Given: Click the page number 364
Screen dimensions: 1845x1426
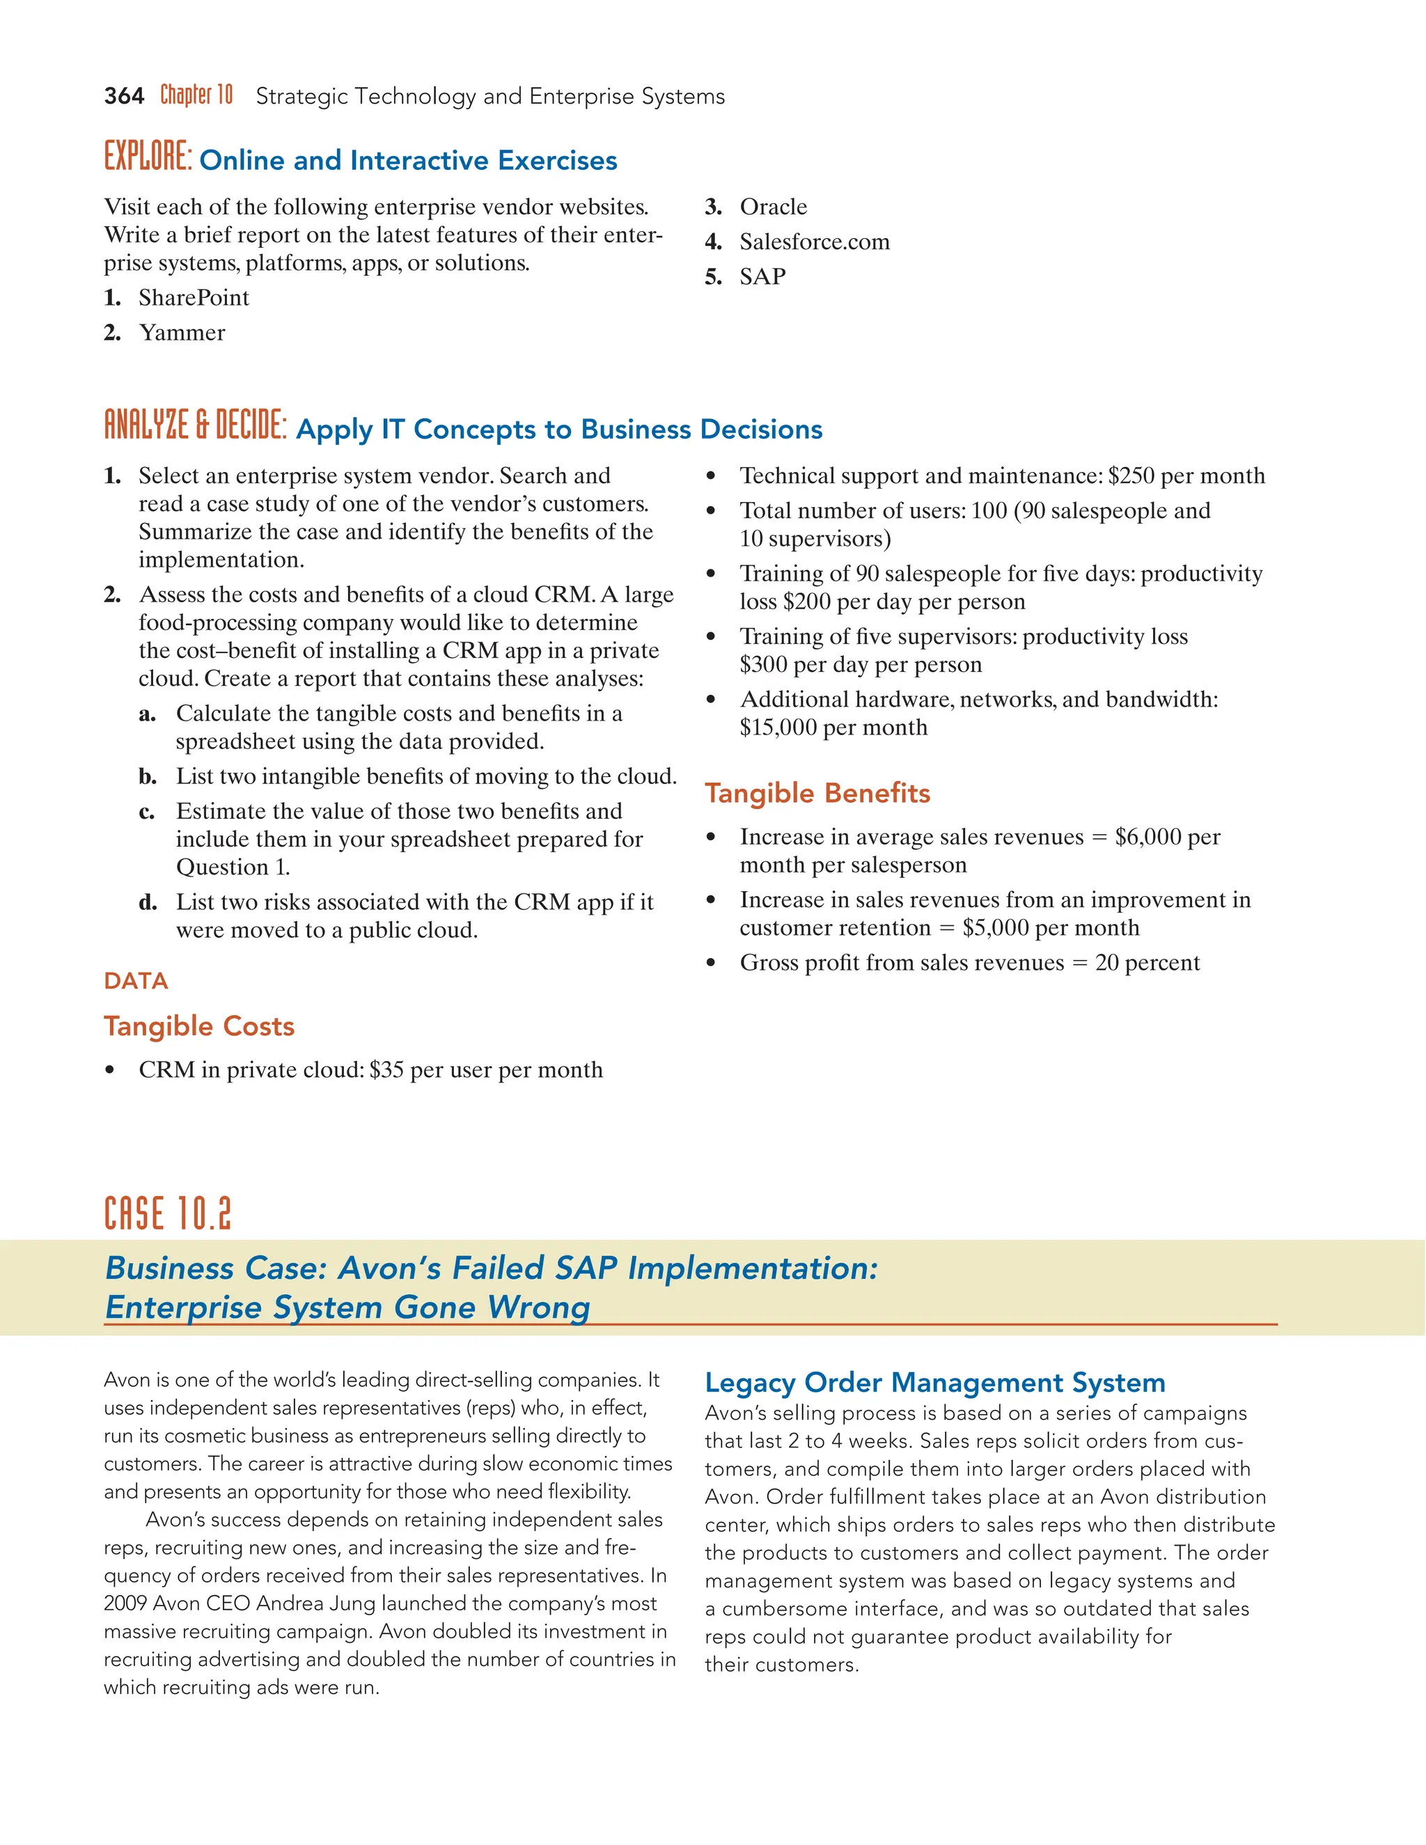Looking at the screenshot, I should pyautogui.click(x=123, y=96).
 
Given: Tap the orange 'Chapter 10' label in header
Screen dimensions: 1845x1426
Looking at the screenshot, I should pyautogui.click(x=196, y=95).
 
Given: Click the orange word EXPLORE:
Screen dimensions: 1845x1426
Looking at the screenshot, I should pyautogui.click(x=148, y=158).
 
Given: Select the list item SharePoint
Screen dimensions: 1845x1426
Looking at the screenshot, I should pyautogui.click(x=194, y=297).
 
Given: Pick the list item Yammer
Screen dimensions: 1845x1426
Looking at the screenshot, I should pyautogui.click(x=182, y=333).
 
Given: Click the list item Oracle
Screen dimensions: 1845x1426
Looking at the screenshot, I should pyautogui.click(x=773, y=207).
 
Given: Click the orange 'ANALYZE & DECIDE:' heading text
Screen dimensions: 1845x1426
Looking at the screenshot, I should pyautogui.click(x=195, y=426).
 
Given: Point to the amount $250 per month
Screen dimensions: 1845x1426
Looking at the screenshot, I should pyautogui.click(x=1186, y=476).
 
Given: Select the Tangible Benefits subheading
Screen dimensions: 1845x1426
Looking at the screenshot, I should pyautogui.click(x=817, y=793).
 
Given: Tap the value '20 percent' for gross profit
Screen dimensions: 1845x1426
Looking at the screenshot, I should pyautogui.click(x=1146, y=963).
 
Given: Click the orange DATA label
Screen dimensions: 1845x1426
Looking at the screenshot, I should pyautogui.click(x=136, y=981).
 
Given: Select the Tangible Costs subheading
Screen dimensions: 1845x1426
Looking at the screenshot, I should pyautogui.click(x=198, y=1026).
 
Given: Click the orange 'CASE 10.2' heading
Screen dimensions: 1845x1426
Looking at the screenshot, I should pyautogui.click(x=167, y=1214).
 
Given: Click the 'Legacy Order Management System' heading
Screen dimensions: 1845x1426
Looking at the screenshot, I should pyautogui.click(x=934, y=1383).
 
